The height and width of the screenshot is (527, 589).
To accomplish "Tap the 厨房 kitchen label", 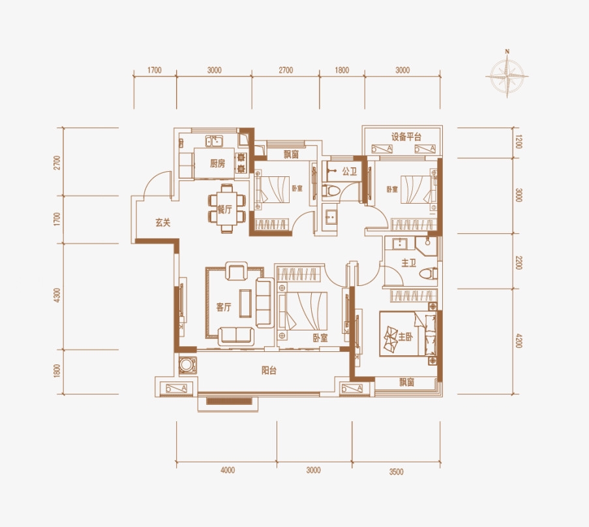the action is click(x=217, y=164).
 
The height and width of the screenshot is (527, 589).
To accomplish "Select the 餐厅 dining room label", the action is click(x=225, y=210).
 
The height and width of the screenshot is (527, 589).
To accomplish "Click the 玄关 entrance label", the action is click(x=163, y=223).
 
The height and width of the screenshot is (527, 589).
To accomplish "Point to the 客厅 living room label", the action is click(x=224, y=308).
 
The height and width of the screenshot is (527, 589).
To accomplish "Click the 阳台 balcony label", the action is click(x=269, y=370).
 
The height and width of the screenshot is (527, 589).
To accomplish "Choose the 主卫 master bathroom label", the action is click(x=409, y=263).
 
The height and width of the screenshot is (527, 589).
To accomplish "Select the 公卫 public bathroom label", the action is click(x=350, y=172).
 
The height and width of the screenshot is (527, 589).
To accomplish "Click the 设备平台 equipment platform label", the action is click(x=406, y=136).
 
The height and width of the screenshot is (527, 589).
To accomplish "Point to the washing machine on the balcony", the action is click(x=187, y=365).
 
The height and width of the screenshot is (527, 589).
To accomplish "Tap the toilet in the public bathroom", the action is click(x=331, y=191).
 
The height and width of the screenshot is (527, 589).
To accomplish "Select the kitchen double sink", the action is click(x=214, y=141).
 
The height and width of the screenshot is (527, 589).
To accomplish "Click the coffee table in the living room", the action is click(x=246, y=303).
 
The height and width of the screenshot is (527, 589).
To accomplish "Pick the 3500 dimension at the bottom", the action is click(x=397, y=471).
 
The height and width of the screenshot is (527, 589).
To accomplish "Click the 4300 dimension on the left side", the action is click(x=57, y=295).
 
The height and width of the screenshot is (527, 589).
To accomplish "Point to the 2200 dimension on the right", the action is click(x=519, y=262).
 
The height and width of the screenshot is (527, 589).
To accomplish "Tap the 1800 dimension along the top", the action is click(x=342, y=70).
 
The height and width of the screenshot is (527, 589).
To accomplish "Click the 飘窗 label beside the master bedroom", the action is click(x=406, y=382).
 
